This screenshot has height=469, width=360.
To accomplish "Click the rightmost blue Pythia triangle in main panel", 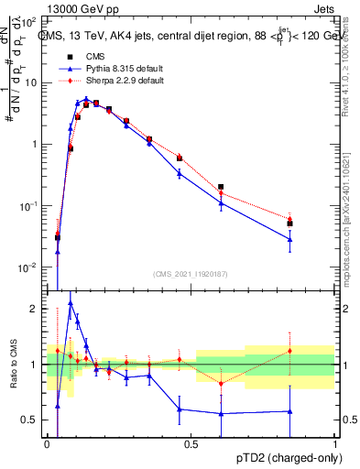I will point(290,239).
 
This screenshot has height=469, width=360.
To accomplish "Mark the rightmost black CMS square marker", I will point(290,224).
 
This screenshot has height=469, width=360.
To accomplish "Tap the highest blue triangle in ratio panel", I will point(71,302).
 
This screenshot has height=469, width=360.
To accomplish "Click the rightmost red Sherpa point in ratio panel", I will point(290,351).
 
